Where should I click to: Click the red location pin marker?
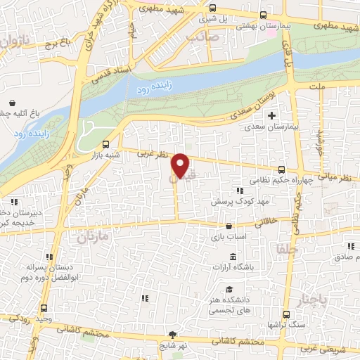181,167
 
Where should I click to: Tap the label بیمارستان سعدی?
268,129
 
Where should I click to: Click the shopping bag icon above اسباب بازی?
230,226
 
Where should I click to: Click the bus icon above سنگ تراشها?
286,314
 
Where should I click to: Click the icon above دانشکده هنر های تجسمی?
229,290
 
